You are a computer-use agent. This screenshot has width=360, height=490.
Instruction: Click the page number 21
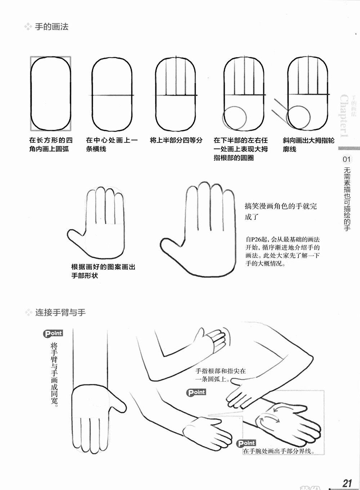tap(347, 483)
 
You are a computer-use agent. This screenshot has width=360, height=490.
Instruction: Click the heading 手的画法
tap(52, 27)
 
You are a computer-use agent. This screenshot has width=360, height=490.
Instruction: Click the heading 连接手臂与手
tap(61, 312)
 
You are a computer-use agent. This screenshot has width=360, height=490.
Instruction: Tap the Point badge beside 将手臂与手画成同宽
tap(53, 334)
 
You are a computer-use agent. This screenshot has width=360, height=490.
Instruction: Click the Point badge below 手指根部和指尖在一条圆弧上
tap(196, 392)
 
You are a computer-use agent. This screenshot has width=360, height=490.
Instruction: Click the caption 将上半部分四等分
tap(176, 140)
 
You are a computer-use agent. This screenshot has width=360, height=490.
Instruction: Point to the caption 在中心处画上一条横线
tap(112, 144)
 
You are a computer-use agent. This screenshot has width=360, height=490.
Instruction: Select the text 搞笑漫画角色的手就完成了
tap(281, 211)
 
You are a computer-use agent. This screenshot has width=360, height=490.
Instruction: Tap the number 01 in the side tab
tap(346, 159)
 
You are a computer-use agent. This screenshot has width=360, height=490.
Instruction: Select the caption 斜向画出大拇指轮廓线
tap(308, 144)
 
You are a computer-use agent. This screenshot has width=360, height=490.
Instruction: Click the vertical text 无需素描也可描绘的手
tap(347, 199)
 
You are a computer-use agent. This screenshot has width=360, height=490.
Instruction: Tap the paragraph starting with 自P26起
tap(282, 251)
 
